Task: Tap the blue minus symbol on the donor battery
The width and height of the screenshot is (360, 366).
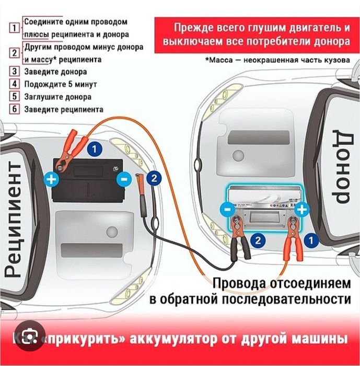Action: coord(225,210)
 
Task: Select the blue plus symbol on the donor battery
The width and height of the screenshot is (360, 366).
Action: coord(301,210)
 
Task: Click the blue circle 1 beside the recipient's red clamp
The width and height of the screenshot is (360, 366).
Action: coord(94,150)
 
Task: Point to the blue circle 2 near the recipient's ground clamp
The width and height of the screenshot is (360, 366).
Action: coord(153,178)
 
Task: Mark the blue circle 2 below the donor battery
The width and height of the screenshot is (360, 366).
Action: coord(257,240)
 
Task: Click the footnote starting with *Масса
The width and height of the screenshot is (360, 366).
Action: coord(277,60)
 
